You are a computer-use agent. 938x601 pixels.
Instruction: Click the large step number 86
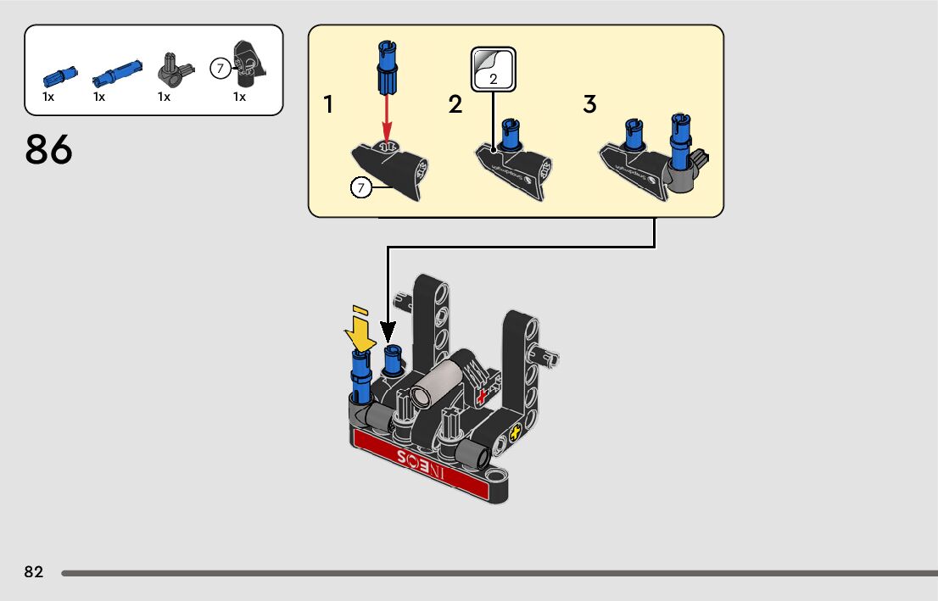tap(49, 149)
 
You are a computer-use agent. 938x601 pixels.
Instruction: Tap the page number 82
tap(34, 572)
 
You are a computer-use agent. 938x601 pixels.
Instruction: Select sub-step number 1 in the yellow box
tap(328, 105)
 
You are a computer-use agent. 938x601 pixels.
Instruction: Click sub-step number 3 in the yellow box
tap(589, 105)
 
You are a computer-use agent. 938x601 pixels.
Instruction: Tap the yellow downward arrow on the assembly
tap(360, 333)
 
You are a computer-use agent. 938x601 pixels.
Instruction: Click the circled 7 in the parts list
tap(221, 70)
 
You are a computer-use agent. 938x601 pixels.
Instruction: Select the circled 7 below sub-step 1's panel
tap(361, 187)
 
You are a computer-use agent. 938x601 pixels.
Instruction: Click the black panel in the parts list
tap(246, 63)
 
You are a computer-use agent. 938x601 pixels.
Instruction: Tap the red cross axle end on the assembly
tap(484, 396)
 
